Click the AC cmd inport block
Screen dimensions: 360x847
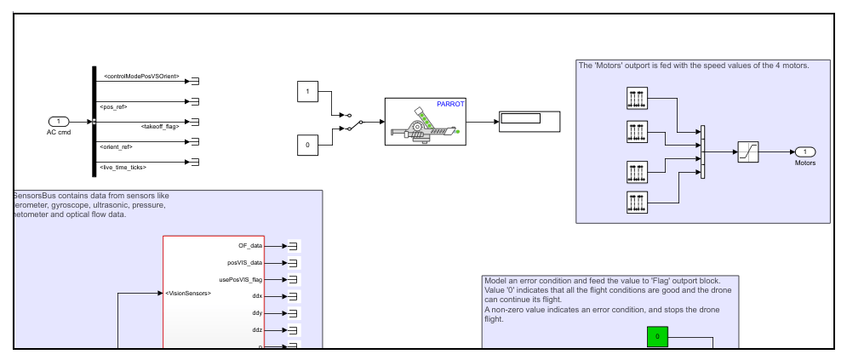coord(59,122)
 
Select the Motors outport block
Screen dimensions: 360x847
coord(804,152)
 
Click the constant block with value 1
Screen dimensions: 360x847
coord(307,91)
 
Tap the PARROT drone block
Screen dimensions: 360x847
coord(423,121)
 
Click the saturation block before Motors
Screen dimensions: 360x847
coord(748,152)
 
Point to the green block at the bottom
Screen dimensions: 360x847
coord(658,337)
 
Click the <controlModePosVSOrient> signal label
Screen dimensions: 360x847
coord(141,77)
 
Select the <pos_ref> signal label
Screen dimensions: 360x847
coord(116,106)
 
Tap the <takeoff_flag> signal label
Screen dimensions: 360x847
coord(159,126)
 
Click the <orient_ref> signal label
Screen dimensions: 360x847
coord(117,146)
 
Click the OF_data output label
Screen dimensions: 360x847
coord(250,246)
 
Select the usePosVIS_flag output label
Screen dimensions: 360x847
coord(241,279)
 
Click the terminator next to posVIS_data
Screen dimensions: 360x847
coord(292,263)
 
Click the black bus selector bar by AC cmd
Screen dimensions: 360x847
coord(93,122)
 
